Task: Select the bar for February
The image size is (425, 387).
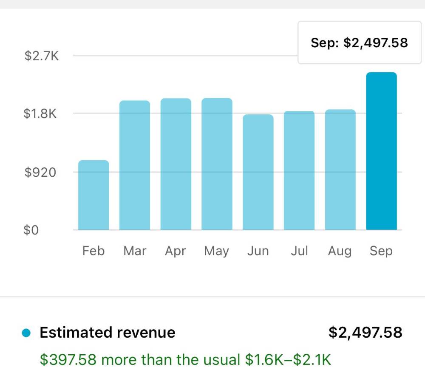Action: [93, 195]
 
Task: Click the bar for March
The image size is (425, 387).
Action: [135, 165]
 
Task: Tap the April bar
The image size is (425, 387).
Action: [176, 164]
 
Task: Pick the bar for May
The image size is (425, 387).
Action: [217, 164]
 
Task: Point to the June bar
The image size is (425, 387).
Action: [258, 172]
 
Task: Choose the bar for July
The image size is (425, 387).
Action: [299, 170]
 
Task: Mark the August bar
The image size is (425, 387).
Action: [340, 169]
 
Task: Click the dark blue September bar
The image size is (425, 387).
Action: [382, 151]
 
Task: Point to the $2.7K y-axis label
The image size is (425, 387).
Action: [42, 56]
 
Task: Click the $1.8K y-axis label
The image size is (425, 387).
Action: [40, 113]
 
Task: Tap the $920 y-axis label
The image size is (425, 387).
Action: [40, 172]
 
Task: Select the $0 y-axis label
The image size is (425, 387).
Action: [31, 230]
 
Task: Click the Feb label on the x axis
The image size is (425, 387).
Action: [93, 251]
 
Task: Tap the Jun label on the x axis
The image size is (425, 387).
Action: [258, 251]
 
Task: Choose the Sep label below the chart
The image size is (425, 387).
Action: [381, 251]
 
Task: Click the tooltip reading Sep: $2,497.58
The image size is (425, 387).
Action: [360, 42]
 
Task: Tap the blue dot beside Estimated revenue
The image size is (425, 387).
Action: [26, 333]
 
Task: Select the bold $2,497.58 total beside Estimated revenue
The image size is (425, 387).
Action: [365, 333]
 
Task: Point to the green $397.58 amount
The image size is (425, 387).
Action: [68, 360]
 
